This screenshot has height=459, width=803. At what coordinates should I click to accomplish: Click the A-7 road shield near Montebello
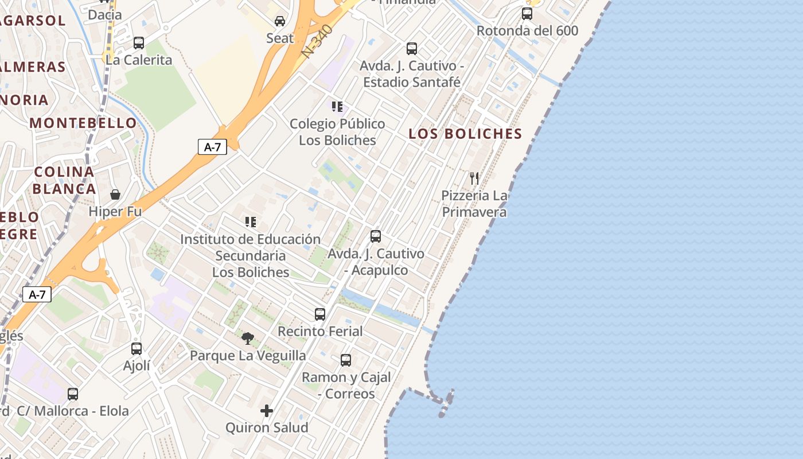coord(212,147)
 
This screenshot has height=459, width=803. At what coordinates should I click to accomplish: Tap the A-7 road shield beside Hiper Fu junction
coord(37,295)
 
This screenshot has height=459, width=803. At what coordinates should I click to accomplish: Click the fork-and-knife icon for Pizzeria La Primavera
coord(474,178)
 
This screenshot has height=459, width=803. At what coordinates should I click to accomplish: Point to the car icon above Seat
coord(280,21)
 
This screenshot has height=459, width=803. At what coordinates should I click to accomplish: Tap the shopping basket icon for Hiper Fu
coord(115,195)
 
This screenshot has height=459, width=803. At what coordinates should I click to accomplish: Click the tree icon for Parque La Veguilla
coord(248,339)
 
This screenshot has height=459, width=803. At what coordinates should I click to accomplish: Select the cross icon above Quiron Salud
coord(267,411)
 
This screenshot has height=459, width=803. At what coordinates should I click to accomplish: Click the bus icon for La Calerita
coord(139,43)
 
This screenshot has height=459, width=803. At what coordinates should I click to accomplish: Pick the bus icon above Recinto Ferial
coord(320,314)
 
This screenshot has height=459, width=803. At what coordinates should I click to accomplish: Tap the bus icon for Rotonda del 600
coord(527,14)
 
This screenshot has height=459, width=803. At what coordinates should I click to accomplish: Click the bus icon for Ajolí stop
coord(137,349)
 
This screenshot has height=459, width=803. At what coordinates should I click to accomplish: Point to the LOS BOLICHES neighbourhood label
coord(465,134)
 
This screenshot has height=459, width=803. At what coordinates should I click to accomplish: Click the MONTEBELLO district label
coord(83,123)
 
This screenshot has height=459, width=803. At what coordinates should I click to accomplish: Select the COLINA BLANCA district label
coord(64,180)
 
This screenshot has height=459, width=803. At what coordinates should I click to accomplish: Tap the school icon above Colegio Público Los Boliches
coord(337,107)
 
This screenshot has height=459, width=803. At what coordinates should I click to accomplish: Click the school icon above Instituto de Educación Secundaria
coord(251,222)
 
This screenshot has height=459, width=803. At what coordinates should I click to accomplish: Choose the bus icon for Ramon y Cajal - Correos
coord(346,360)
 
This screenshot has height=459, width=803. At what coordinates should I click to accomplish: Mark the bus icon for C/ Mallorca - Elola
coord(73,394)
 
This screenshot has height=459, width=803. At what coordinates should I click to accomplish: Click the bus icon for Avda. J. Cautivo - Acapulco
coord(376,236)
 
